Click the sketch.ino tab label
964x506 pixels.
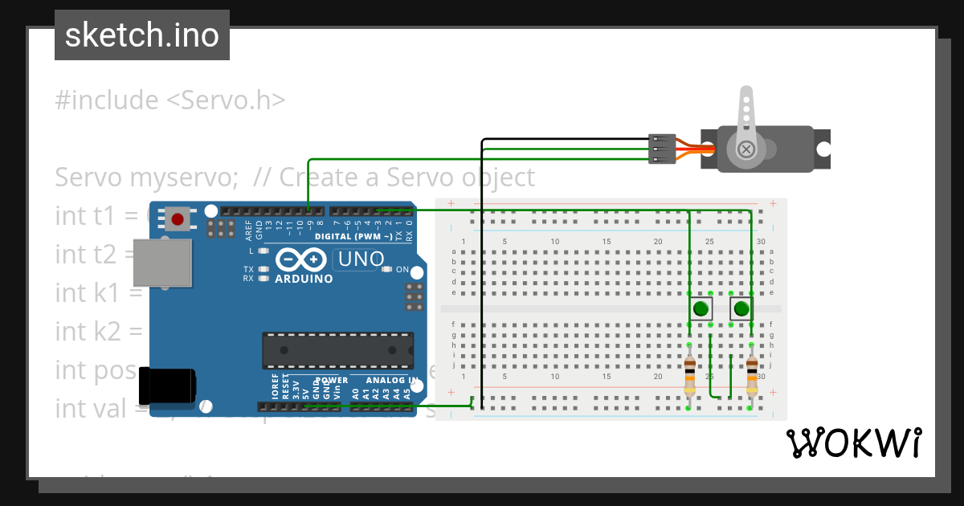pyautogui.click(x=141, y=35)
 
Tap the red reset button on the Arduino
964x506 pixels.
pyautogui.click(x=177, y=218)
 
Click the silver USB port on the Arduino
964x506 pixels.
pyautogui.click(x=162, y=263)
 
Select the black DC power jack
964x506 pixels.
pyautogui.click(x=166, y=386)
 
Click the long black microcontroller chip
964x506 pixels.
pyautogui.click(x=337, y=350)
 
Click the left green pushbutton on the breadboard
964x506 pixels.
pyautogui.click(x=701, y=308)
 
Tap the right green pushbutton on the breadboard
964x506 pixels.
pyautogui.click(x=741, y=308)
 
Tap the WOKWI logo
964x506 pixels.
pyautogui.click(x=852, y=443)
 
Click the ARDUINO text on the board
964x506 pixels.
pyautogui.click(x=304, y=279)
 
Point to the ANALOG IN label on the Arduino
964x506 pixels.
pyautogui.click(x=391, y=380)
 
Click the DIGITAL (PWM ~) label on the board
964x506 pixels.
pyautogui.click(x=353, y=236)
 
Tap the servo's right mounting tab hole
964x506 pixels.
pyautogui.click(x=823, y=149)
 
